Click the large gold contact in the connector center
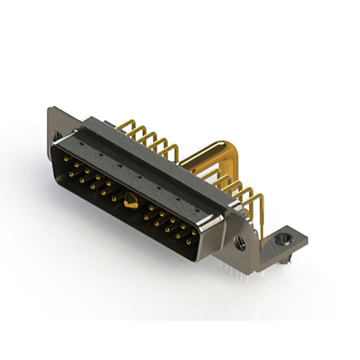coord(130,199)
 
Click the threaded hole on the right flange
coord(240,244)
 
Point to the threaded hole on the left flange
coord(56,135)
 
